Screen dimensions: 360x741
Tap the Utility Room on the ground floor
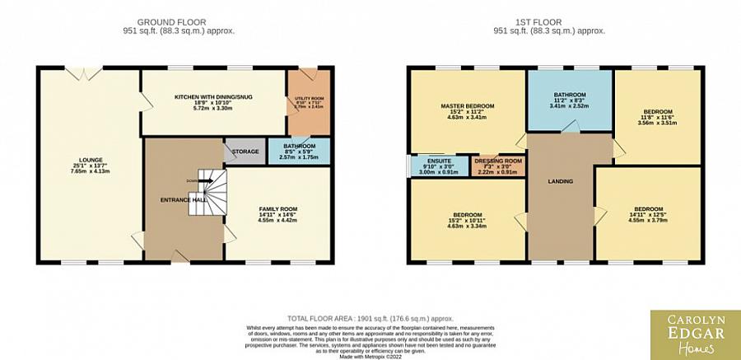(x=308, y=102)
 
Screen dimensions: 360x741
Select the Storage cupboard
(x=245, y=152)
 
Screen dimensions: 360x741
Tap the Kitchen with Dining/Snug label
(x=212, y=102)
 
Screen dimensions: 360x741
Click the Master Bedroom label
(x=467, y=111)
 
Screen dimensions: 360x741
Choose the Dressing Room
(x=498, y=166)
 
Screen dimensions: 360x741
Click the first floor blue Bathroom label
(x=569, y=100)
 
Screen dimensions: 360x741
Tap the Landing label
(x=561, y=181)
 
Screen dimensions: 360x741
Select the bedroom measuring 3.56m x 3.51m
(x=658, y=116)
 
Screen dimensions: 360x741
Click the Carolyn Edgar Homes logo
(x=694, y=334)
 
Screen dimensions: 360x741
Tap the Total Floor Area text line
(x=370, y=317)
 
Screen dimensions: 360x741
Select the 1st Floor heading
(x=549, y=22)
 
